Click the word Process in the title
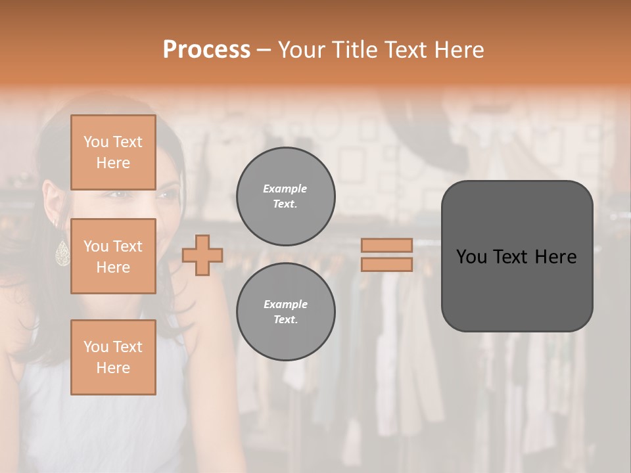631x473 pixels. (206, 50)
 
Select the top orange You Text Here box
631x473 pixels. (113, 152)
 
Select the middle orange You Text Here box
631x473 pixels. (113, 256)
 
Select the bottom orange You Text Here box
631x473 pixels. (113, 357)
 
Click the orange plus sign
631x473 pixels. (202, 255)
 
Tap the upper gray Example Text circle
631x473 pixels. (285, 196)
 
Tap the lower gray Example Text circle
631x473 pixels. (285, 312)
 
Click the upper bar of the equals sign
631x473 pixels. (386, 245)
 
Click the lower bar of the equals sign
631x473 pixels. (386, 264)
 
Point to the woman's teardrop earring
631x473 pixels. (62, 253)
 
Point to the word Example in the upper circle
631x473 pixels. (285, 189)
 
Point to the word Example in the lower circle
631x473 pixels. (285, 304)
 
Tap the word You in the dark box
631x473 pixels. (472, 257)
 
